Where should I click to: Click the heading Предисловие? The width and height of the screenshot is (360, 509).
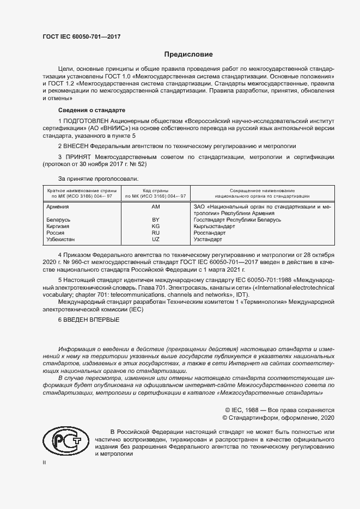[189, 54]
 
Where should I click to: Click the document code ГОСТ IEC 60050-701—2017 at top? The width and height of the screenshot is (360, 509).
[81, 36]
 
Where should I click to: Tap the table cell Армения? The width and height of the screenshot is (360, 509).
[58, 207]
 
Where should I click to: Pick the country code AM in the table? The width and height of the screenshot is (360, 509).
[156, 207]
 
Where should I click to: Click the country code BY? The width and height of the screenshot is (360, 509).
[156, 219]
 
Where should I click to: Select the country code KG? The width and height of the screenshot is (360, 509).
[156, 226]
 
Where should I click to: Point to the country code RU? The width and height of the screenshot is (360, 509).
[156, 232]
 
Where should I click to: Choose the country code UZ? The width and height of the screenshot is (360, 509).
[156, 239]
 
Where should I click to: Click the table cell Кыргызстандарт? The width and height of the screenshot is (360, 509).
[216, 226]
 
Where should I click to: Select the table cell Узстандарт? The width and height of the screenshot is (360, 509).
[208, 239]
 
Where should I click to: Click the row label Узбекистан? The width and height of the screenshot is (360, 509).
[62, 239]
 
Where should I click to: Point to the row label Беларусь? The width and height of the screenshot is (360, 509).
[59, 219]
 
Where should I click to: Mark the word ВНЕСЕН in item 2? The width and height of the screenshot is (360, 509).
[76, 146]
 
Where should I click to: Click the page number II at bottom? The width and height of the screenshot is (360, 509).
[44, 462]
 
